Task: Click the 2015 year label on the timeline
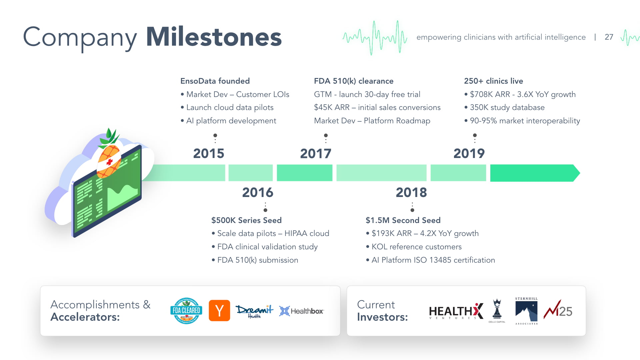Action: point(209,153)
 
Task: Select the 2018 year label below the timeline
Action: point(411,192)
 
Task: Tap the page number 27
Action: point(609,37)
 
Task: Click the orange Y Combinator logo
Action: point(219,311)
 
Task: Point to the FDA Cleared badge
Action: point(186,311)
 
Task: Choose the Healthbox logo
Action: point(301,311)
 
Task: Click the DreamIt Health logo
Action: point(254,311)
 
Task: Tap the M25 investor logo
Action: point(558,310)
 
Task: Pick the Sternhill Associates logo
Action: point(526,311)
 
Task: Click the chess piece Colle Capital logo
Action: point(497,310)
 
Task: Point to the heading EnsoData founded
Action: point(215,81)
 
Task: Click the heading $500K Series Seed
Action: point(246,220)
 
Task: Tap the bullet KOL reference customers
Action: point(416,247)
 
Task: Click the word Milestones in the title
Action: point(214,37)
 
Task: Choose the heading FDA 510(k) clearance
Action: point(354,81)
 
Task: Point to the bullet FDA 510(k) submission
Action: point(258,260)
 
